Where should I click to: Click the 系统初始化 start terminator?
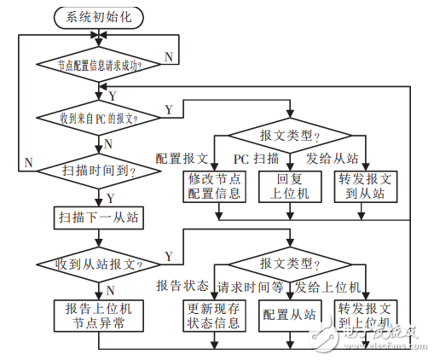click(100, 17)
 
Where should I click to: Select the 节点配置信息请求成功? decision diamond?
click(100, 64)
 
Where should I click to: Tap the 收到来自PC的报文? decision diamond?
click(100, 117)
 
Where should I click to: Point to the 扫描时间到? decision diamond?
click(100, 170)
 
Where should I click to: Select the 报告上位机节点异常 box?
click(100, 314)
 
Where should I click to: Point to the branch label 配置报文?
click(182, 159)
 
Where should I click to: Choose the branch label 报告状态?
click(182, 285)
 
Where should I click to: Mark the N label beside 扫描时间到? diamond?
click(29, 162)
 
